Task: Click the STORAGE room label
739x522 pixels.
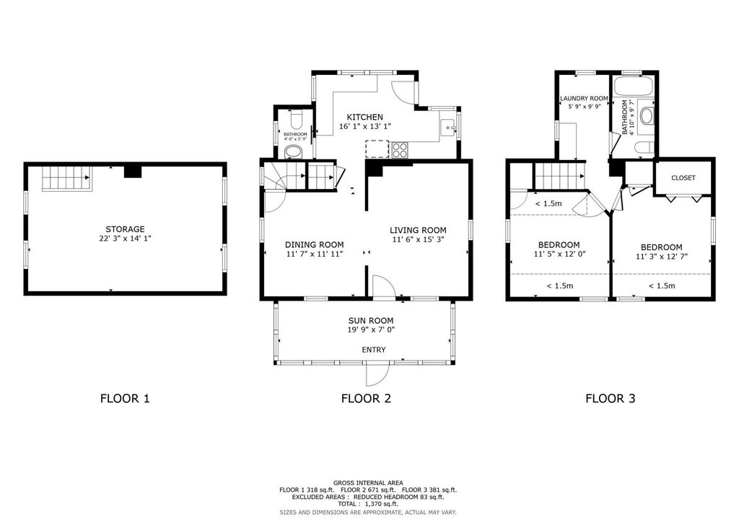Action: tap(126, 229)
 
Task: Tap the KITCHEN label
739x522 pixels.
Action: tap(364, 118)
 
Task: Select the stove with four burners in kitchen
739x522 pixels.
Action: tap(399, 149)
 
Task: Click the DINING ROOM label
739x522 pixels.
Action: tap(314, 244)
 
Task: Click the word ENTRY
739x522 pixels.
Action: tap(373, 350)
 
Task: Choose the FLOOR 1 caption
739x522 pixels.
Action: tap(124, 398)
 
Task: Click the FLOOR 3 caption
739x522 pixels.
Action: tap(610, 398)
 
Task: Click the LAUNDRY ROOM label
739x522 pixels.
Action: tap(584, 98)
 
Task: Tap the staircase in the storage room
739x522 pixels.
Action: tap(66, 177)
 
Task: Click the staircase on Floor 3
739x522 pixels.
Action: tap(559, 175)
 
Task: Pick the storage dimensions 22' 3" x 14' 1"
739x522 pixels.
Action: tap(126, 238)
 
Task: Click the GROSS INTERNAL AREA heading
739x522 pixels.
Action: tap(368, 482)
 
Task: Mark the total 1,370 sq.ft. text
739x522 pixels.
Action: tap(368, 504)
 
